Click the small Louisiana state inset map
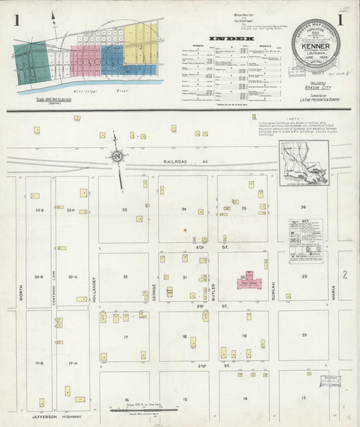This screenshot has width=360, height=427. pos(304,163)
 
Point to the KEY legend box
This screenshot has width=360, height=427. pos(305,241)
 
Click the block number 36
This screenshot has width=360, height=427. pos(303,207)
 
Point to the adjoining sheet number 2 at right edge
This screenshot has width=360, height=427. pos(344,274)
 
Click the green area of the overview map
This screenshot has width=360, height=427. pos(30,63)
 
